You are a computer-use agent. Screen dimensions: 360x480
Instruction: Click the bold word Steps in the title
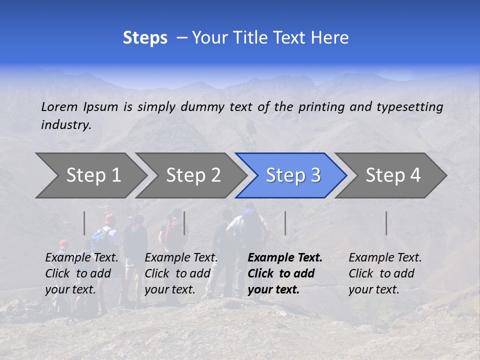point(145,38)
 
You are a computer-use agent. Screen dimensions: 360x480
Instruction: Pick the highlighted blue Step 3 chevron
point(293,175)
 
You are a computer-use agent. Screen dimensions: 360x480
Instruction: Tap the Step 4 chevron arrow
point(393,175)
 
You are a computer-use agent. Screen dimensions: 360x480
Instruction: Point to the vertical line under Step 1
point(84,223)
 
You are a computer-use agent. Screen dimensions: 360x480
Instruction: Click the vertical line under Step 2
point(184,223)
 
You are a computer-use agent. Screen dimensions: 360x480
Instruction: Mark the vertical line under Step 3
point(285,223)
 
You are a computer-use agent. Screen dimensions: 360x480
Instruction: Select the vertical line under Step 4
point(386,223)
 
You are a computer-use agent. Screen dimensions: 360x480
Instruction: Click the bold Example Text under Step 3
point(285,258)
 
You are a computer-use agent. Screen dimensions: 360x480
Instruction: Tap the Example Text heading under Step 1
point(81,258)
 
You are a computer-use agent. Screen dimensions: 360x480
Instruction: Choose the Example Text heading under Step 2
point(181,258)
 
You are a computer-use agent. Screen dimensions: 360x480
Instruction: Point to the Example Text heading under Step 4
point(385,258)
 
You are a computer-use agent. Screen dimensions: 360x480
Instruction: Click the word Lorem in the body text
point(59,106)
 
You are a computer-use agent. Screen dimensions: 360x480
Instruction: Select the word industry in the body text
point(66,125)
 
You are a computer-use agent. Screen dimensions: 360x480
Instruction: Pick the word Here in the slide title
point(329,38)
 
